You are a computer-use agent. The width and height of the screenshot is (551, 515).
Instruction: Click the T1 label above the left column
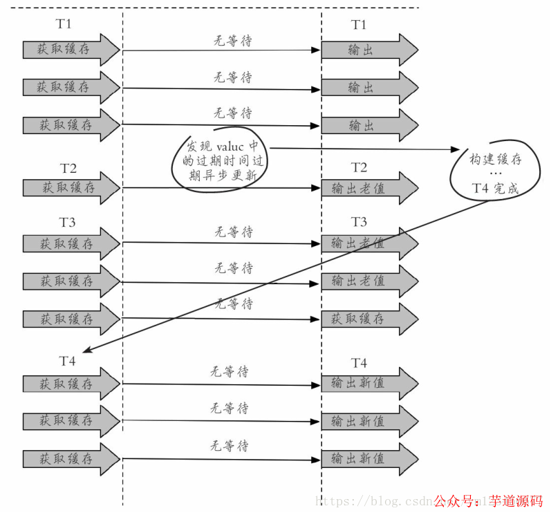click(x=64, y=24)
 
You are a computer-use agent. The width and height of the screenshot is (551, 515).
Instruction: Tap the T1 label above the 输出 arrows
click(x=359, y=25)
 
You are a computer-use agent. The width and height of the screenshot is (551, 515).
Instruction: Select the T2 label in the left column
click(x=68, y=169)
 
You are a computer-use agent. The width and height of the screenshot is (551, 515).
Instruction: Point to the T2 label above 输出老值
click(x=359, y=167)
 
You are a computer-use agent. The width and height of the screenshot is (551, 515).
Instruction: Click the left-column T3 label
click(x=68, y=222)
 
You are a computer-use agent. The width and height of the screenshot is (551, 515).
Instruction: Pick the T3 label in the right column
click(x=359, y=222)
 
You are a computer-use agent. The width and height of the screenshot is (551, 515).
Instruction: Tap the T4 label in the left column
click(x=68, y=362)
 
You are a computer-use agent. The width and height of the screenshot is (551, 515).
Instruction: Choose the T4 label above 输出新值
click(x=359, y=363)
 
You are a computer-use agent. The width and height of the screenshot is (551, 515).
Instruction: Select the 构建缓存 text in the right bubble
click(x=496, y=160)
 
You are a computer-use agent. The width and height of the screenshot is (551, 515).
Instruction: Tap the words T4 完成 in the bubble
click(x=494, y=188)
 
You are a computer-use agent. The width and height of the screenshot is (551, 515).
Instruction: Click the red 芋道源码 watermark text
click(x=516, y=501)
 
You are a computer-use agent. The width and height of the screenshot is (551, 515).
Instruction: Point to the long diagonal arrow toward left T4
click(x=277, y=277)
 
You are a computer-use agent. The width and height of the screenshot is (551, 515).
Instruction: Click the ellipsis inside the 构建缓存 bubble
click(x=495, y=174)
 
